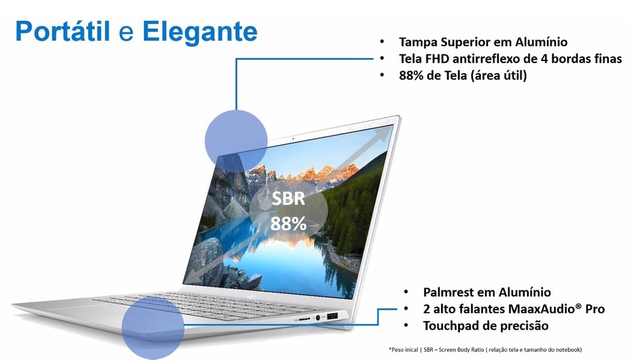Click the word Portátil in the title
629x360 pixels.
click(62, 31)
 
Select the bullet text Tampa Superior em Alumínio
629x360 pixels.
click(483, 42)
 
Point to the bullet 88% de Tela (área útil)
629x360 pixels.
click(462, 76)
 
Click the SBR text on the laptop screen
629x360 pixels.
click(288, 199)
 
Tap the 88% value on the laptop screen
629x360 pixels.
click(288, 223)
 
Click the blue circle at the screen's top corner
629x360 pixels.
click(236, 141)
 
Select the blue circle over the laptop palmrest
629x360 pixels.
click(153, 328)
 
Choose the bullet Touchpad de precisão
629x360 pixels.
click(486, 325)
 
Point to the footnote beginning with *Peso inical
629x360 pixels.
click(485, 349)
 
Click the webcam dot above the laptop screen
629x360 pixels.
click(293, 138)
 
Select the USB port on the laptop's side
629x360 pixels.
click(332, 316)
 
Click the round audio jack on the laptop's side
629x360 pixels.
click(318, 318)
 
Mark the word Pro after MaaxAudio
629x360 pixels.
click(595, 309)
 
